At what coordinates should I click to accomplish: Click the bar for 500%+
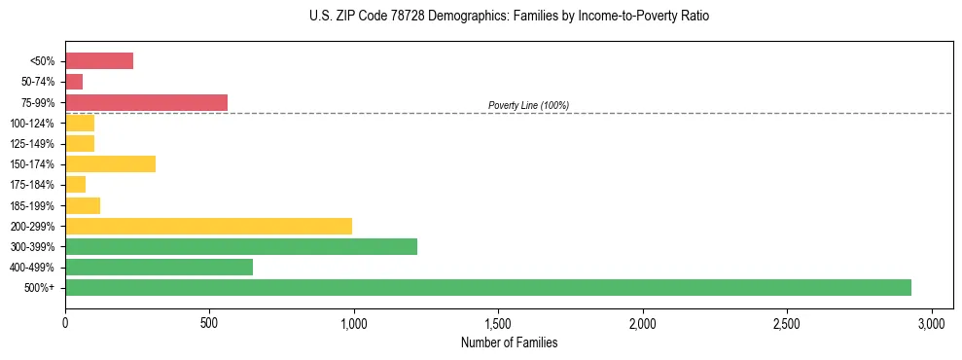(487, 287)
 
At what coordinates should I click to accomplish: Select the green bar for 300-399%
(240, 246)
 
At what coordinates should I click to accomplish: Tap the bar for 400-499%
(159, 267)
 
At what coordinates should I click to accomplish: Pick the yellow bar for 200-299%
(208, 226)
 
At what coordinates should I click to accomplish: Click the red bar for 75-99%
(146, 102)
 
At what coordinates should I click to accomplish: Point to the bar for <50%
(99, 61)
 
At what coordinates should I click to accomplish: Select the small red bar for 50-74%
(74, 82)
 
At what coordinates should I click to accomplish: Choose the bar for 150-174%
(110, 163)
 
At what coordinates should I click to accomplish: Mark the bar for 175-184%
(76, 184)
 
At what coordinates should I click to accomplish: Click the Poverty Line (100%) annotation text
(528, 105)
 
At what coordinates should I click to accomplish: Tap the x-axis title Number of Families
(509, 342)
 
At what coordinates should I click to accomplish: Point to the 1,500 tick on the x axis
(498, 322)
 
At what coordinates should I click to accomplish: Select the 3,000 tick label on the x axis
(931, 322)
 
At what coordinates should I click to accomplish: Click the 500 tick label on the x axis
(209, 322)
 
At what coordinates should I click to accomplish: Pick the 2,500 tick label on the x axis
(787, 322)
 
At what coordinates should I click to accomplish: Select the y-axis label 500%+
(39, 288)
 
